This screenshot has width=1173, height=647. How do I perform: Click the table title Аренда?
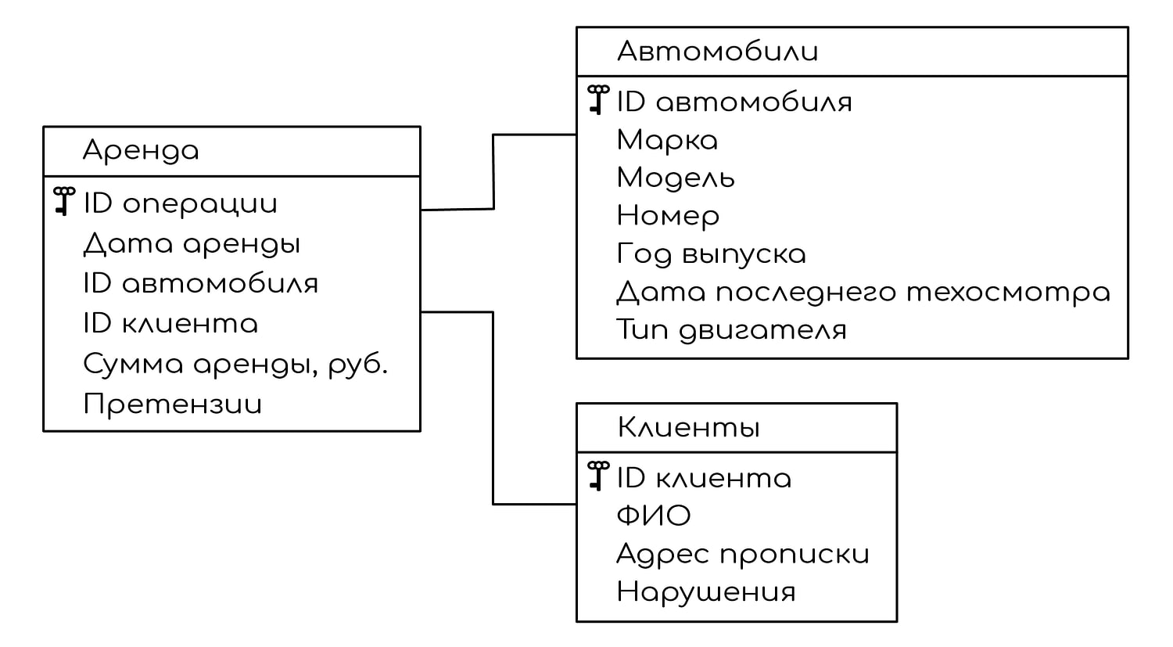tap(141, 152)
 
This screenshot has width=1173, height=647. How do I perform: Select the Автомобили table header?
tap(717, 52)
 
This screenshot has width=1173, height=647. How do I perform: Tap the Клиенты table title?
tap(689, 427)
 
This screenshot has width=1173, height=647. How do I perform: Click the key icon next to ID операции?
tap(64, 201)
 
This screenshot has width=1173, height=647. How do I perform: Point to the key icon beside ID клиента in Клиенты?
tap(598, 476)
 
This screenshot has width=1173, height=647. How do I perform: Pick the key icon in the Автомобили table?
tap(598, 99)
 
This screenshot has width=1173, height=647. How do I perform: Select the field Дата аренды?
tap(192, 245)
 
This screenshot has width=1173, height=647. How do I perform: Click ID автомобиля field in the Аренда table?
tap(200, 283)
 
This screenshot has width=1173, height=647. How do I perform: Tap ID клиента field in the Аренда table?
tap(170, 323)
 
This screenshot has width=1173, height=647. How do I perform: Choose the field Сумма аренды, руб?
tap(235, 364)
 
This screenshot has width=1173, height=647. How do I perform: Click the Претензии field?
tap(172, 404)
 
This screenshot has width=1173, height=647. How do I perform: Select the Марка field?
tap(667, 140)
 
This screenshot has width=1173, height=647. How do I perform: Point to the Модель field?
tap(676, 178)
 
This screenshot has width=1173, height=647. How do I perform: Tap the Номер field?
tap(668, 217)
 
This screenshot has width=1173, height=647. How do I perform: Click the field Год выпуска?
tap(711, 254)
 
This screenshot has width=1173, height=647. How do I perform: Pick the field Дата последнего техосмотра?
tap(863, 293)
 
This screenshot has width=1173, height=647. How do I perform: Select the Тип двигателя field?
tap(731, 331)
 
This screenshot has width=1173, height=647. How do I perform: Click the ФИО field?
tap(654, 516)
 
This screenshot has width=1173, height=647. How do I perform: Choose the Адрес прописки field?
tap(743, 554)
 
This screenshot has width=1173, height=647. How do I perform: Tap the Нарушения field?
tap(706, 592)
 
